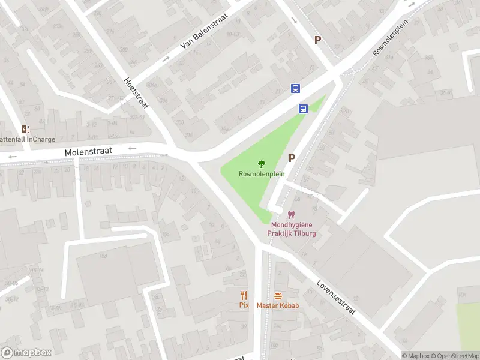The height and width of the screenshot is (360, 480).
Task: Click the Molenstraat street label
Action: tap(89, 154)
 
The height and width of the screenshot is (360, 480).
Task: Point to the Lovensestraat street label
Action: tap(336, 296)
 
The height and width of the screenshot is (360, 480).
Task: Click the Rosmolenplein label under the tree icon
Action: tap(261, 174)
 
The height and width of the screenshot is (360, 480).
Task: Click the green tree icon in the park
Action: tap(261, 164)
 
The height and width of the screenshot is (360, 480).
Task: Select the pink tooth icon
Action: tap(292, 215)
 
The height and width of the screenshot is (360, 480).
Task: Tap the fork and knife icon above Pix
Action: tap(244, 295)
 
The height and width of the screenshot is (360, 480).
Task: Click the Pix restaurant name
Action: tap(244, 305)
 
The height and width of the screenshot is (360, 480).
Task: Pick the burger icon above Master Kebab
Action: tap(278, 295)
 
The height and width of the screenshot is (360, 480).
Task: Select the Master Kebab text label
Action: tap(278, 305)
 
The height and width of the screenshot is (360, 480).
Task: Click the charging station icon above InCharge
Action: tap(25, 129)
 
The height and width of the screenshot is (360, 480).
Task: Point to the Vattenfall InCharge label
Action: tap(27, 139)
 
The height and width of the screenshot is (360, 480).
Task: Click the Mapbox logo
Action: tap(26, 353)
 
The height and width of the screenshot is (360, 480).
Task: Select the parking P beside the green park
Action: tap(292, 158)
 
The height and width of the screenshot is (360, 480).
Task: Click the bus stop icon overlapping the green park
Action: tap(304, 109)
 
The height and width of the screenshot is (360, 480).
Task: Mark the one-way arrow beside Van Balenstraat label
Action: tap(166, 59)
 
